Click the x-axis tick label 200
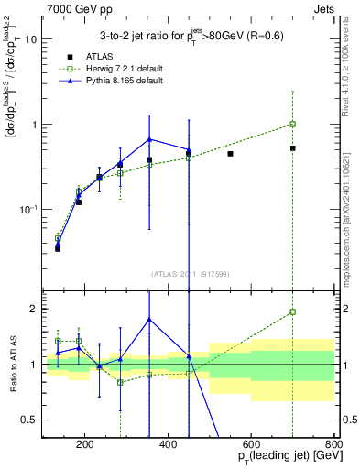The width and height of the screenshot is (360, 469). tap(84, 446)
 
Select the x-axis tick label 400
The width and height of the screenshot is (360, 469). tap(168, 446)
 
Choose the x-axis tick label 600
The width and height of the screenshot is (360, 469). tap(251, 446)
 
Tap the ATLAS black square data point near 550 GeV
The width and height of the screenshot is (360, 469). tap(230, 154)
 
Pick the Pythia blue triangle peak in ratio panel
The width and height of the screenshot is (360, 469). tap(148, 320)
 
